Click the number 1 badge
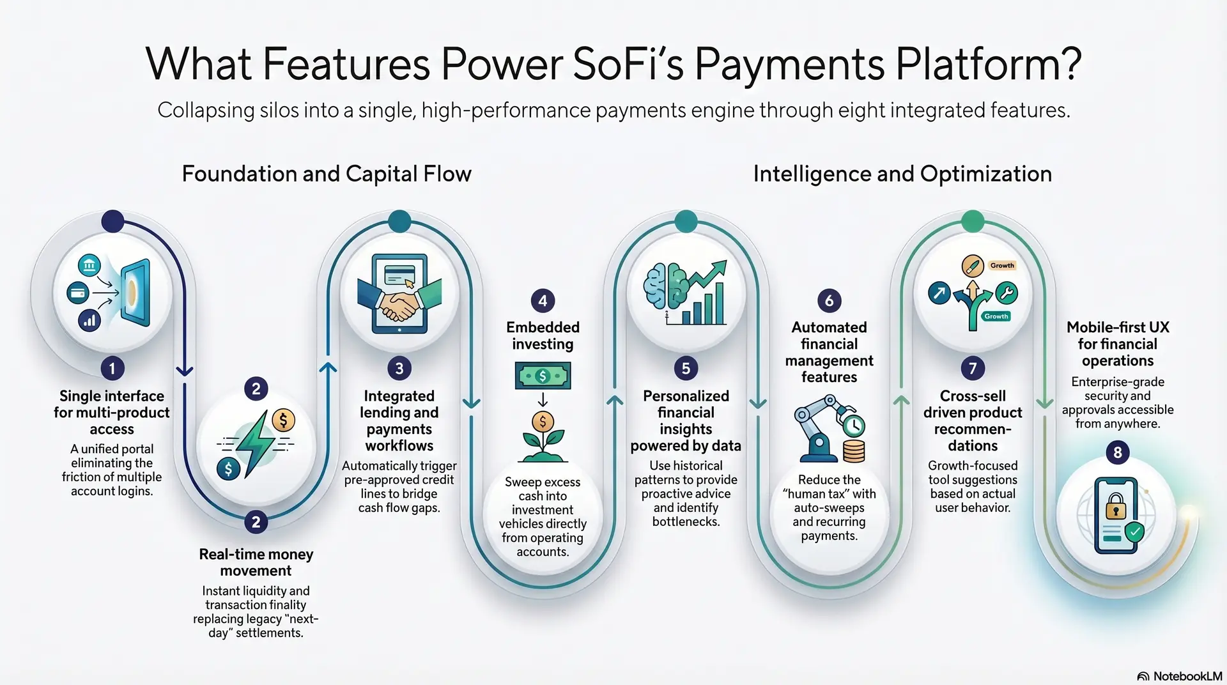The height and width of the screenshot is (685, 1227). (x=112, y=368)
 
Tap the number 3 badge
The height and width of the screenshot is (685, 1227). (x=399, y=368)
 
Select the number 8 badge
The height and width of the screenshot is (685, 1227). (x=1117, y=452)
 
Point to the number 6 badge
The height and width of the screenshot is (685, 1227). (x=829, y=300)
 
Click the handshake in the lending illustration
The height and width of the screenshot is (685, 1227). (x=399, y=305)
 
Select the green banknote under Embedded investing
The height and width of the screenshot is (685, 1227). (x=543, y=376)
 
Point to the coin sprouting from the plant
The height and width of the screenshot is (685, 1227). (x=543, y=421)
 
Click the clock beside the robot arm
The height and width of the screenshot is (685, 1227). (x=853, y=426)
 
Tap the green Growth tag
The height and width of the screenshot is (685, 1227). (x=996, y=316)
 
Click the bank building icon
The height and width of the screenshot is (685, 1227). (x=89, y=265)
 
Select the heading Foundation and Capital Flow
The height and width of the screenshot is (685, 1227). (x=327, y=174)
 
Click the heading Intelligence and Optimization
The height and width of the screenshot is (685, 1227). (x=902, y=174)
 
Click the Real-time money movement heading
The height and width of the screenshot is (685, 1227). (x=256, y=562)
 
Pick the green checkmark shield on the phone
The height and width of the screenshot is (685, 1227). (x=1134, y=531)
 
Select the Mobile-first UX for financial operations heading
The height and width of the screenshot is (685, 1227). (x=1117, y=344)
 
